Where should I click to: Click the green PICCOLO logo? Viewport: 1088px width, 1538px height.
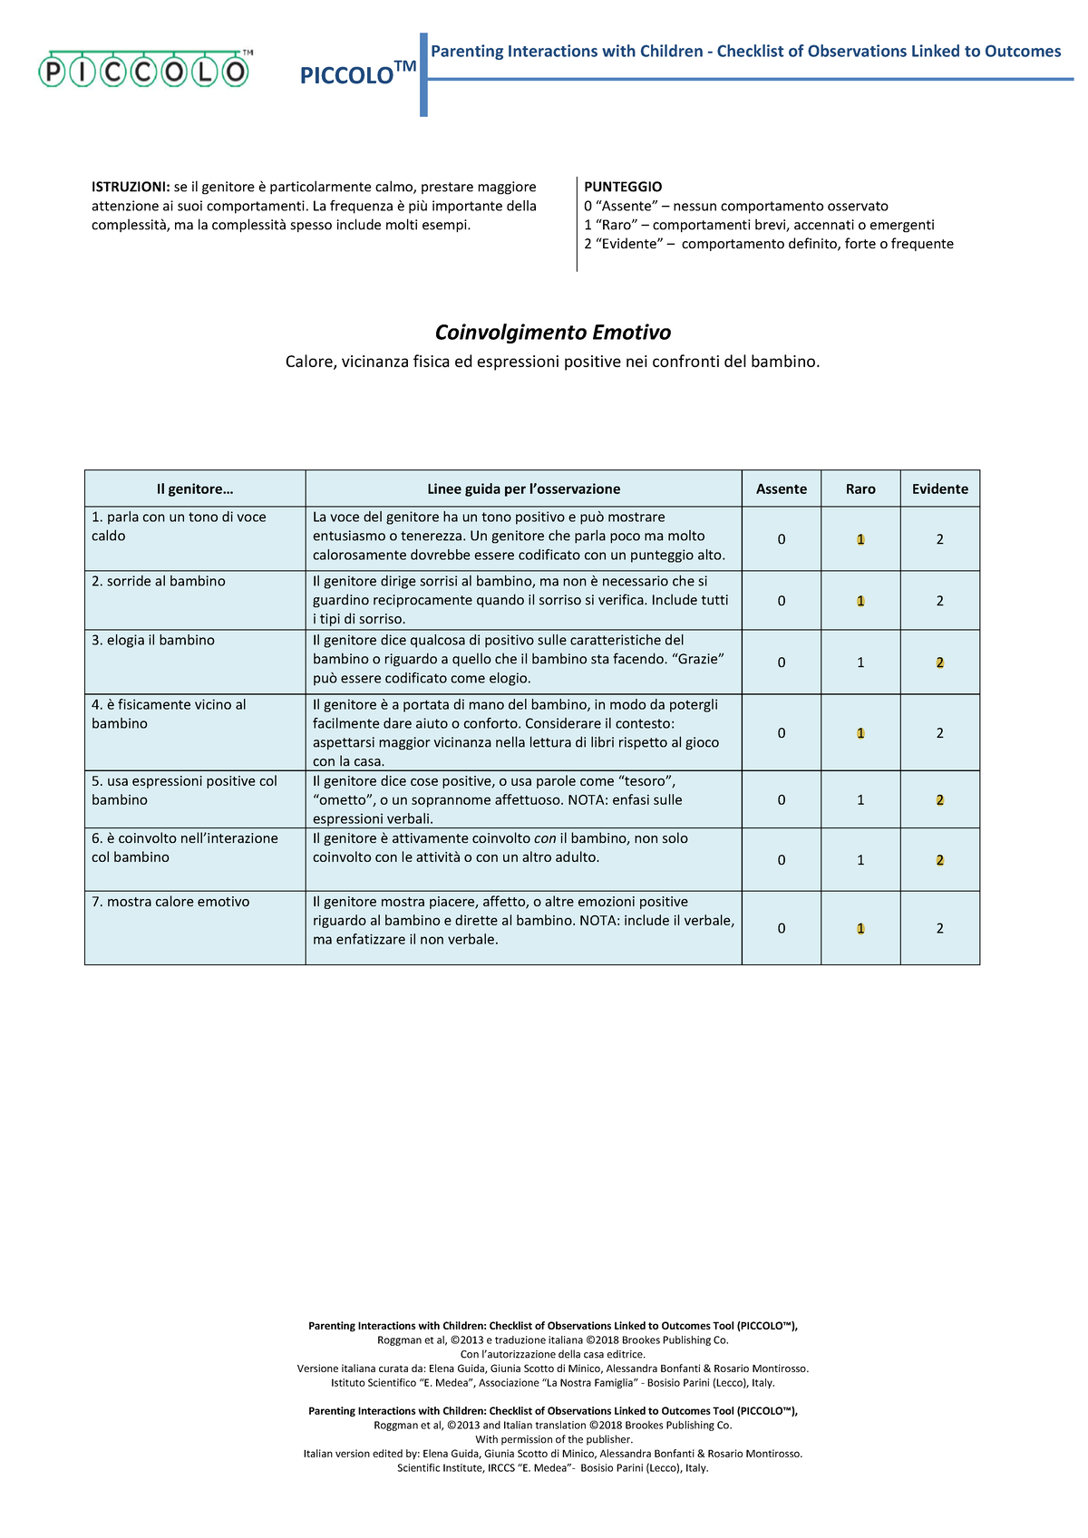point(143,70)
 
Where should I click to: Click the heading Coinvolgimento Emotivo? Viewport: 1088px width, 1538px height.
point(552,332)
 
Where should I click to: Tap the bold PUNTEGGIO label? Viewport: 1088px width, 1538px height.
point(623,187)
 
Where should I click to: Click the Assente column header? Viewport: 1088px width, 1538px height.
point(781,488)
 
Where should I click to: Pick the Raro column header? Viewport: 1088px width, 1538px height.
point(860,488)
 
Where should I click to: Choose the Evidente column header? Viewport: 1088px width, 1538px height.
point(939,488)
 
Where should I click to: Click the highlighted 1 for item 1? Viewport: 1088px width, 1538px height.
point(860,539)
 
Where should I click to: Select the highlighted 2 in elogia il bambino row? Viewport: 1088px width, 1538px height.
point(939,663)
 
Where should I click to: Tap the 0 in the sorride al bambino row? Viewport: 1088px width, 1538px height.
point(781,601)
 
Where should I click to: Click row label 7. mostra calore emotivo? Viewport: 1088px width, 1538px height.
point(170,902)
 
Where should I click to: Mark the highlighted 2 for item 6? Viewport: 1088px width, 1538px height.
point(939,860)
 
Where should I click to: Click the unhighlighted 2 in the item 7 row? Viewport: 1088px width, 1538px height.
point(939,928)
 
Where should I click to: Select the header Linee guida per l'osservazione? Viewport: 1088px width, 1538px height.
point(523,488)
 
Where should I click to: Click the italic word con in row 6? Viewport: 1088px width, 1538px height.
point(544,838)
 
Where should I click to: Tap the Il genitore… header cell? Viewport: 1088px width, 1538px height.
point(194,488)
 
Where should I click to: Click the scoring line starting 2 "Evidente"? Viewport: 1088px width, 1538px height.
point(768,244)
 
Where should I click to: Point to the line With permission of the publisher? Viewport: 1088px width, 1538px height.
point(553,1439)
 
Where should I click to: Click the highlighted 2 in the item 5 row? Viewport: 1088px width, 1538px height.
point(939,800)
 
